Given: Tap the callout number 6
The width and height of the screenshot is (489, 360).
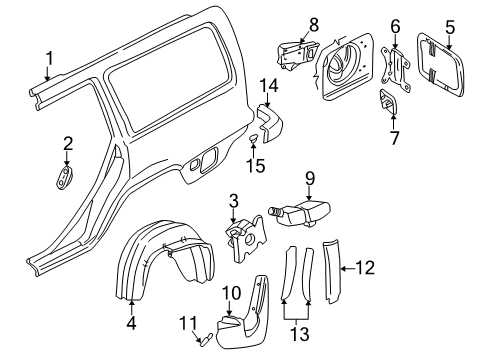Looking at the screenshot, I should click(x=396, y=27).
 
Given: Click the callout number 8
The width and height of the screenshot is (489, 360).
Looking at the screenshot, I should click(x=285, y=23).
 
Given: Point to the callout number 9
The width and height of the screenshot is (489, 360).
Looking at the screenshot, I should click(x=310, y=180).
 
